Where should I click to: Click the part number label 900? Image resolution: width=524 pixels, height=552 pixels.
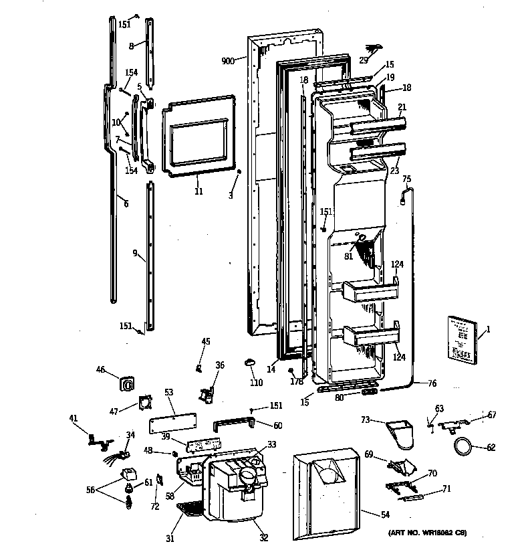click(229, 61)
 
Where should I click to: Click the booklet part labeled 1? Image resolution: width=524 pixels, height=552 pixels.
click(463, 340)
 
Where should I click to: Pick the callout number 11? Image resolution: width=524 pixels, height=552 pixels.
click(198, 191)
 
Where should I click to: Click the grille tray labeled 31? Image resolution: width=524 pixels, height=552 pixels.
click(189, 512)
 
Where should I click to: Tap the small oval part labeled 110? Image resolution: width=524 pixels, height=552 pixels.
click(251, 362)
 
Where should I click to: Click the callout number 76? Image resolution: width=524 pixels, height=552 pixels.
click(431, 383)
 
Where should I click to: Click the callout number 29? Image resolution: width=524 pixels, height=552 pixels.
click(364, 60)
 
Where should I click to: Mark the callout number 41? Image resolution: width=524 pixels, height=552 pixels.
click(74, 418)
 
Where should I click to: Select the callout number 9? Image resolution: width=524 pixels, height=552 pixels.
click(135, 253)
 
